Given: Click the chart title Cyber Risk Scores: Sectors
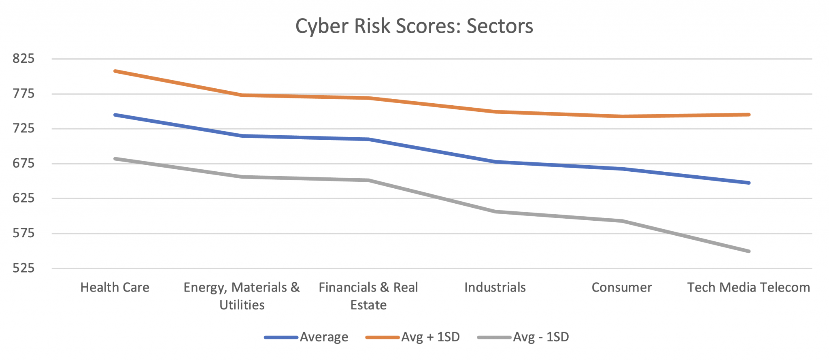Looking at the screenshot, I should coord(414,26).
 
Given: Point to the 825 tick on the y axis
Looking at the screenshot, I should coord(23,59).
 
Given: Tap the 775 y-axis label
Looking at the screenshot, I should coord(23,94).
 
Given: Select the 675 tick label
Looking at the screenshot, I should coord(23,164).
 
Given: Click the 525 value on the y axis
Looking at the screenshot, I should coord(23,268).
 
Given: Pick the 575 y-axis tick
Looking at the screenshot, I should coord(23,233).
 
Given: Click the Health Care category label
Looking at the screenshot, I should coord(115,288).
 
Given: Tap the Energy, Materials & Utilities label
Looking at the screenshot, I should coord(242,296).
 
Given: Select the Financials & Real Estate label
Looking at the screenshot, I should coord(368,296).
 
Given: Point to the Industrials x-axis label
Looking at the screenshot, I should coord(495,288).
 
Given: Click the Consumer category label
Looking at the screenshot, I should coord(622,288).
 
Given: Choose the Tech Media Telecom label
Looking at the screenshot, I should coord(748,288).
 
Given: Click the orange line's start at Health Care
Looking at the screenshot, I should coord(115,71).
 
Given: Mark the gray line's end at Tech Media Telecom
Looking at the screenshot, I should coord(749,251).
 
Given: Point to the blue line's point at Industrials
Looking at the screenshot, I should coord(495,162).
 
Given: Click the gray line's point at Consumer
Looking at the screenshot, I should coord(622,221).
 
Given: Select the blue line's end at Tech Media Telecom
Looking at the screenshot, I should coord(749,183).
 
